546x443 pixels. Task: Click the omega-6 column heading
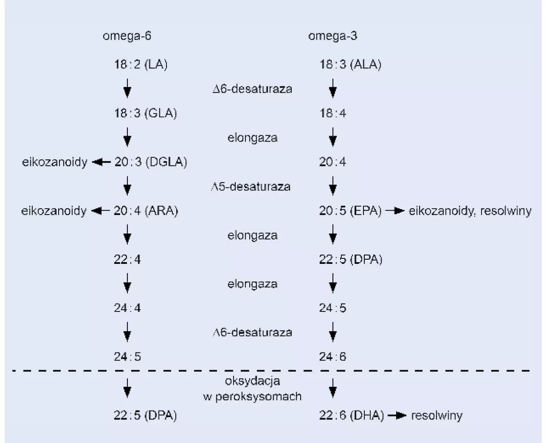[x=127, y=36]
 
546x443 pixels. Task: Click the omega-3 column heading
[x=332, y=36]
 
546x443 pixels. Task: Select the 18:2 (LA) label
[x=140, y=64]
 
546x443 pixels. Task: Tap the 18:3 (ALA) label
[x=350, y=64]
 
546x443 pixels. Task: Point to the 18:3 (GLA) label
[x=145, y=113]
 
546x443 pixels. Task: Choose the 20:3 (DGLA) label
[x=150, y=162]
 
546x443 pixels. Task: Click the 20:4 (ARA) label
[x=145, y=211]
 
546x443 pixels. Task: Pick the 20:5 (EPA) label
[x=350, y=211]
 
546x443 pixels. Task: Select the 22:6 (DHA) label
[x=351, y=416]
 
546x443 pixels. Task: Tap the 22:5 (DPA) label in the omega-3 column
[x=350, y=259]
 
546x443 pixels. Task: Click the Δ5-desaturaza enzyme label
[x=251, y=186]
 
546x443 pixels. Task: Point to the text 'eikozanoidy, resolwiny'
[x=470, y=211]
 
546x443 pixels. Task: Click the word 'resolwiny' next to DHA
[x=437, y=416]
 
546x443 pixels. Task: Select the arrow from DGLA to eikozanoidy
[x=101, y=162]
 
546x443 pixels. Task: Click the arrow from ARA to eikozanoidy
[x=100, y=211]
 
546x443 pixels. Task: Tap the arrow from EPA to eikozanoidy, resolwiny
[x=395, y=211]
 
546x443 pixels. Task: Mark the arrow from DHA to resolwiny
[x=397, y=416]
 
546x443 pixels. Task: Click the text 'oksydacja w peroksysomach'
[x=252, y=389]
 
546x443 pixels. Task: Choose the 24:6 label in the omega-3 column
[x=333, y=357]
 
